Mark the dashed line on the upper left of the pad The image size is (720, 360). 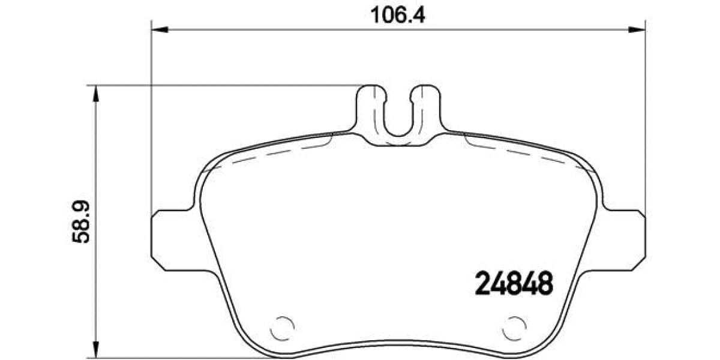click(x=270, y=155)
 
